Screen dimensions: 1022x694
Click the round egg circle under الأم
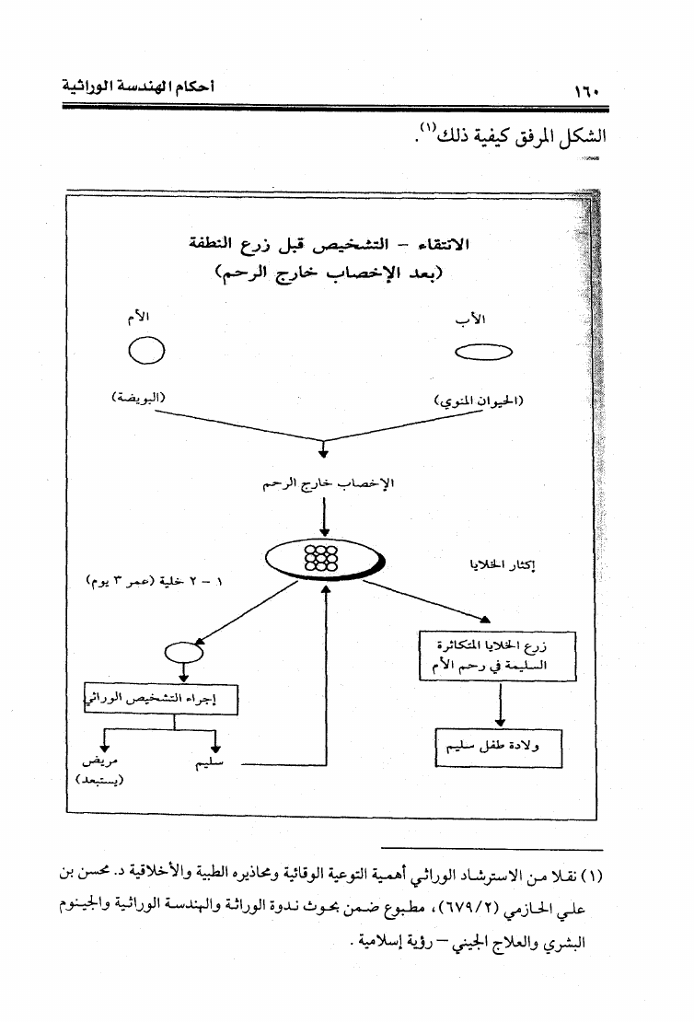pos(145,351)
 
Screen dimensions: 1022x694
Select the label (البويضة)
pos(138,398)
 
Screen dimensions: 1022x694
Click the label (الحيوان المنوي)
pos(479,401)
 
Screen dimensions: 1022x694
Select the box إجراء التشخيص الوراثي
pos(161,699)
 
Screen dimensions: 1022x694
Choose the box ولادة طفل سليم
pos(498,749)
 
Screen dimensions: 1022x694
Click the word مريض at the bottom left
pos(99,763)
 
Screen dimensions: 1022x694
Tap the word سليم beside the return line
pos(213,764)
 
